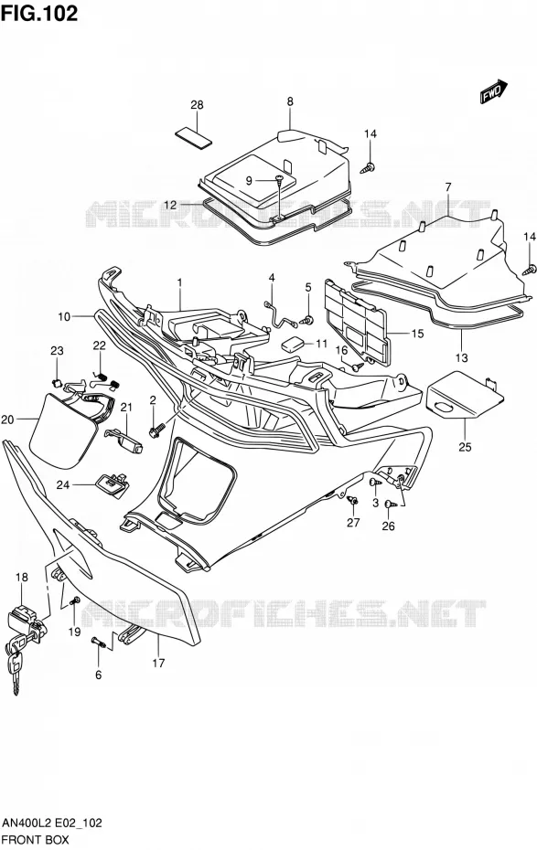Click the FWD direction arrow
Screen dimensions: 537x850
pyautogui.click(x=493, y=91)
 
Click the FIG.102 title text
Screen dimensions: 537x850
pyautogui.click(x=39, y=13)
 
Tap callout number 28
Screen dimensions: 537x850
pyautogui.click(x=197, y=104)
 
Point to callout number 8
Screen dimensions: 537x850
pyautogui.click(x=290, y=101)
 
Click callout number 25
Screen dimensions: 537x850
pyautogui.click(x=465, y=447)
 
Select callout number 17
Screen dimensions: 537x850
pyautogui.click(x=158, y=663)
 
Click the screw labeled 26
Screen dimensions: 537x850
pyautogui.click(x=391, y=505)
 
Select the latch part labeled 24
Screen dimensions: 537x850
pyautogui.click(x=113, y=482)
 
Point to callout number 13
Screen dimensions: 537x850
pyautogui.click(x=462, y=357)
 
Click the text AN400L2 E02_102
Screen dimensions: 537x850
pyautogui.click(x=53, y=823)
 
